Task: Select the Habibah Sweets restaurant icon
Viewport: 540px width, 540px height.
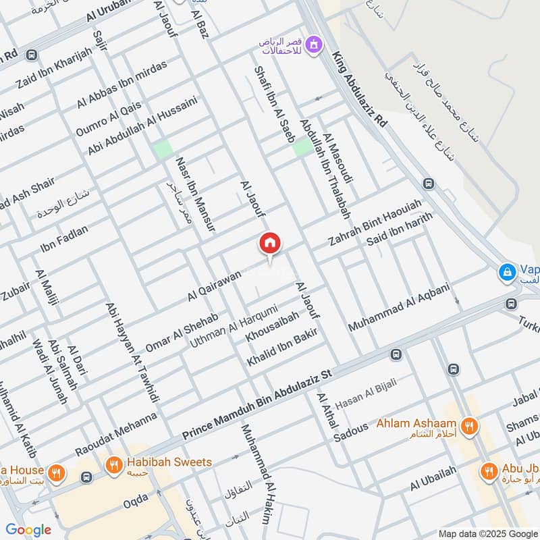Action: [113, 464]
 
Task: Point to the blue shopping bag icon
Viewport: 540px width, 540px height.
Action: [505, 272]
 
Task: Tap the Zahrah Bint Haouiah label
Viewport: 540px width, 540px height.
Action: [375, 222]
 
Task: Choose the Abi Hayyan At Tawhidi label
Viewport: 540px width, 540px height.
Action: [132, 352]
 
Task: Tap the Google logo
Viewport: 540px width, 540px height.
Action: [28, 530]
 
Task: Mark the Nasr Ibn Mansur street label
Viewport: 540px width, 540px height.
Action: [195, 195]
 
